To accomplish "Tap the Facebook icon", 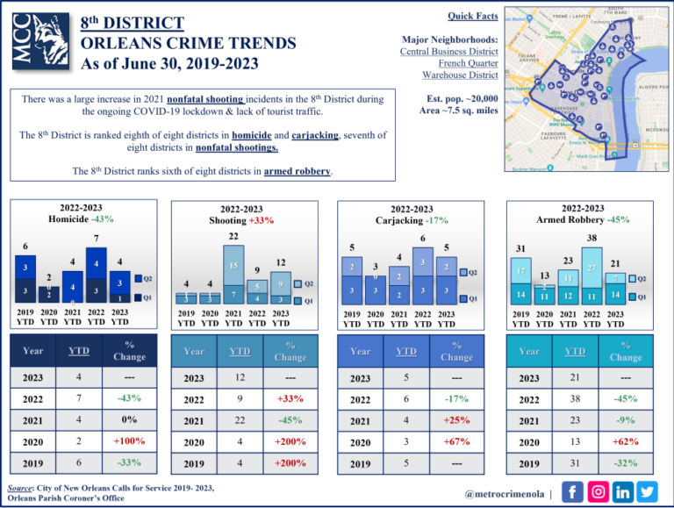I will (x=571, y=491).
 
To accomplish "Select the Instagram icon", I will (x=598, y=491).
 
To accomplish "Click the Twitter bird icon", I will (x=648, y=491).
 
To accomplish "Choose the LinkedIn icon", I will (x=623, y=491).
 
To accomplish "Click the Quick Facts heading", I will (x=473, y=16).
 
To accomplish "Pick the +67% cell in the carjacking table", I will (x=456, y=441).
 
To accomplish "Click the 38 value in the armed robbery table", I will (x=575, y=399).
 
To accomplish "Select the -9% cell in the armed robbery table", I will (x=625, y=420).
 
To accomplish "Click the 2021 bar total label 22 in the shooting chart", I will (x=233, y=237).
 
